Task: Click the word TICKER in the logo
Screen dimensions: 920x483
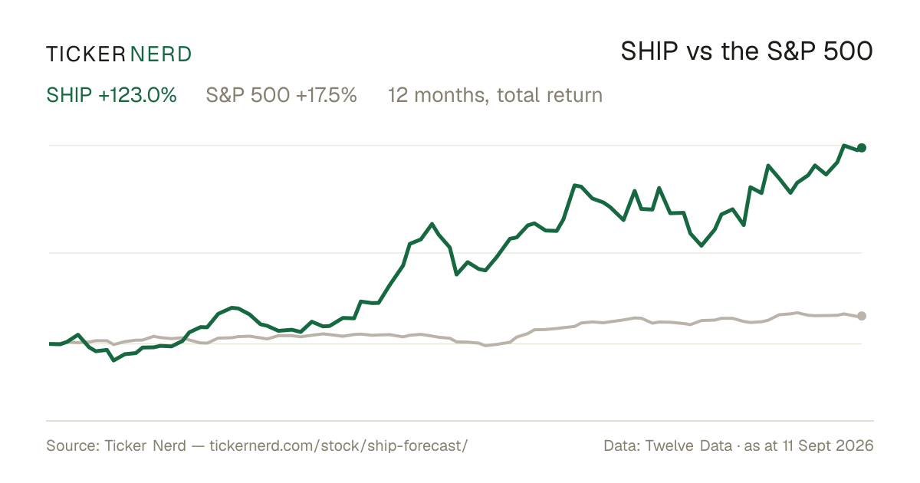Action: (85, 54)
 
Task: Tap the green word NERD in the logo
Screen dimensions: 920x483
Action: (160, 54)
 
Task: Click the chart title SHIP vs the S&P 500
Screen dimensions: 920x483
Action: (747, 51)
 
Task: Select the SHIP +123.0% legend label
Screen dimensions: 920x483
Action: (111, 95)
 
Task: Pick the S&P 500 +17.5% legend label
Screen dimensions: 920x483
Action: (281, 95)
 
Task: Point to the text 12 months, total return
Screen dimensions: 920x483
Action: (495, 95)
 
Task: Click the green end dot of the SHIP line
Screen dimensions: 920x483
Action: (862, 148)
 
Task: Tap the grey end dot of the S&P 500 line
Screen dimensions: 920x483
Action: (862, 316)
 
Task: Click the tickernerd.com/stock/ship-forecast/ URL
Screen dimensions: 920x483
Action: (338, 445)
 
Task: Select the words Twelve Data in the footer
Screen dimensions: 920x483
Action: (688, 445)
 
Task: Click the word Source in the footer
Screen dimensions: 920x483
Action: (71, 445)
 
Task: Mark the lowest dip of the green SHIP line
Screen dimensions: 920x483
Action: (113, 360)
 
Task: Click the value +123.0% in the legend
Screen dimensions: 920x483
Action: (137, 95)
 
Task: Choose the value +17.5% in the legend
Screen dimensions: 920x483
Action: (327, 95)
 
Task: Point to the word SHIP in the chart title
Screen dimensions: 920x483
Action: (649, 51)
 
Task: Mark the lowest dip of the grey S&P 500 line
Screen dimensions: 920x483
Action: (486, 346)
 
